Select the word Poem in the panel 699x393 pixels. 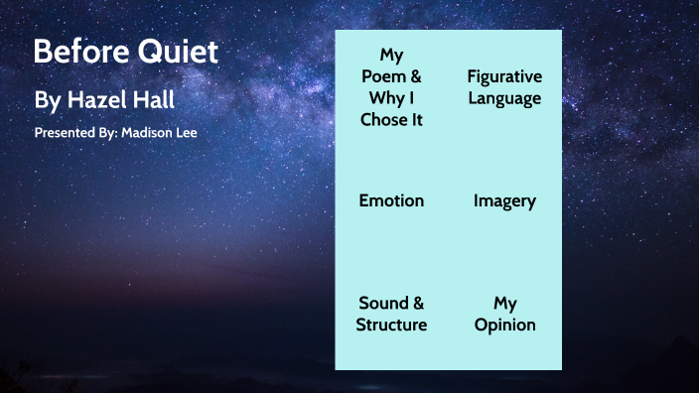pyautogui.click(x=381, y=76)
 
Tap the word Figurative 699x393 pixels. pyautogui.click(x=504, y=76)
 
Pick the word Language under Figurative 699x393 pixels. pyautogui.click(x=504, y=98)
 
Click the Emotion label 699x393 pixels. pyautogui.click(x=391, y=200)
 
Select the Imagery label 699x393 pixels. pyautogui.click(x=504, y=200)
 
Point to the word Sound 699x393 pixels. pyautogui.click(x=382, y=303)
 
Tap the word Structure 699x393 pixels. pyautogui.click(x=391, y=325)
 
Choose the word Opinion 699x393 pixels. pyautogui.click(x=504, y=325)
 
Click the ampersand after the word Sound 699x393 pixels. pyautogui.click(x=417, y=303)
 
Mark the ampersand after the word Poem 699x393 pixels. pyautogui.click(x=415, y=76)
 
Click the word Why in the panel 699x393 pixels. pyautogui.click(x=381, y=98)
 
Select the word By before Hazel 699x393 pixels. pyautogui.click(x=47, y=100)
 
